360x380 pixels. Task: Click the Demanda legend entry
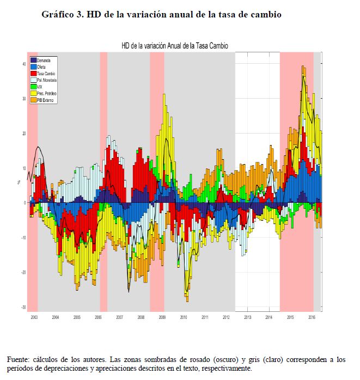click(x=43, y=59)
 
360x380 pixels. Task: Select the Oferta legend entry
click(x=42, y=66)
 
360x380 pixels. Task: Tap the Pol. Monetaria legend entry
click(x=48, y=80)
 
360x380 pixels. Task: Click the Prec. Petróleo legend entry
click(x=47, y=93)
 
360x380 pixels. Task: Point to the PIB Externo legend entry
click(x=46, y=100)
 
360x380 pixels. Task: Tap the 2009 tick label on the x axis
click(x=162, y=316)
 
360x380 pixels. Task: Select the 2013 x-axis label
click(x=247, y=316)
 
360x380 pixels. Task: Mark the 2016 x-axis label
click(x=312, y=316)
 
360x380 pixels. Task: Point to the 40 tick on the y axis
click(x=23, y=64)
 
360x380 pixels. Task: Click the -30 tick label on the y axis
click(x=23, y=307)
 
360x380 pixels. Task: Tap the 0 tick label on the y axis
click(x=25, y=203)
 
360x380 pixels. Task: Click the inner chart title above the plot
click(x=175, y=47)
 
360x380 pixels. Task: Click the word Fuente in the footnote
click(x=17, y=360)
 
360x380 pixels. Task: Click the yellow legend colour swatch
click(x=33, y=93)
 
